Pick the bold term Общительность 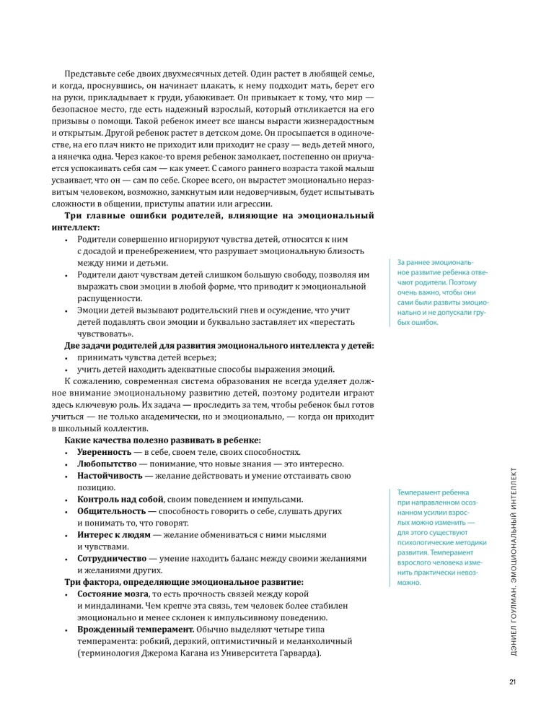[113, 510]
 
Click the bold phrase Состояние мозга [113, 593]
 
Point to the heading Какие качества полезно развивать [163, 440]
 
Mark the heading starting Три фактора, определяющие [184, 581]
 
